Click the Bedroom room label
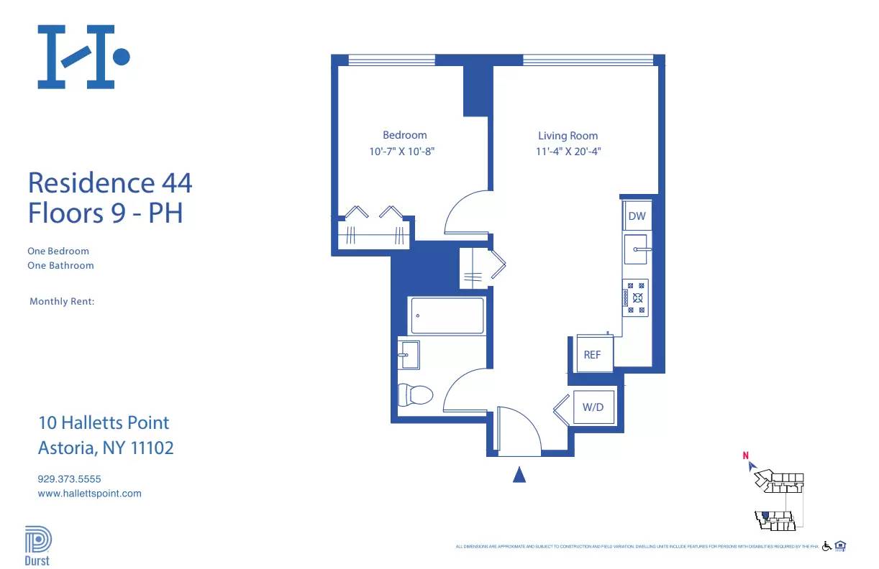[404, 135]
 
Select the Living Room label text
[568, 136]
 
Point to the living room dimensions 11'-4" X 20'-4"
[568, 152]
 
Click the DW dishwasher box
[637, 216]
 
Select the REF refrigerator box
[592, 355]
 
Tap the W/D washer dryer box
[593, 407]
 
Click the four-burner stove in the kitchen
[635, 297]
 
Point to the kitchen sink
[636, 249]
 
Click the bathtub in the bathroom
[447, 315]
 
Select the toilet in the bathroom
[415, 394]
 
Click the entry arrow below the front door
[519, 475]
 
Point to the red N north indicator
[746, 455]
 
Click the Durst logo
[37, 545]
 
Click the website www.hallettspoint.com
[89, 494]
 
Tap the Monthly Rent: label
[62, 302]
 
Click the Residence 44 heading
[110, 182]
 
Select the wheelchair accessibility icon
[826, 546]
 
